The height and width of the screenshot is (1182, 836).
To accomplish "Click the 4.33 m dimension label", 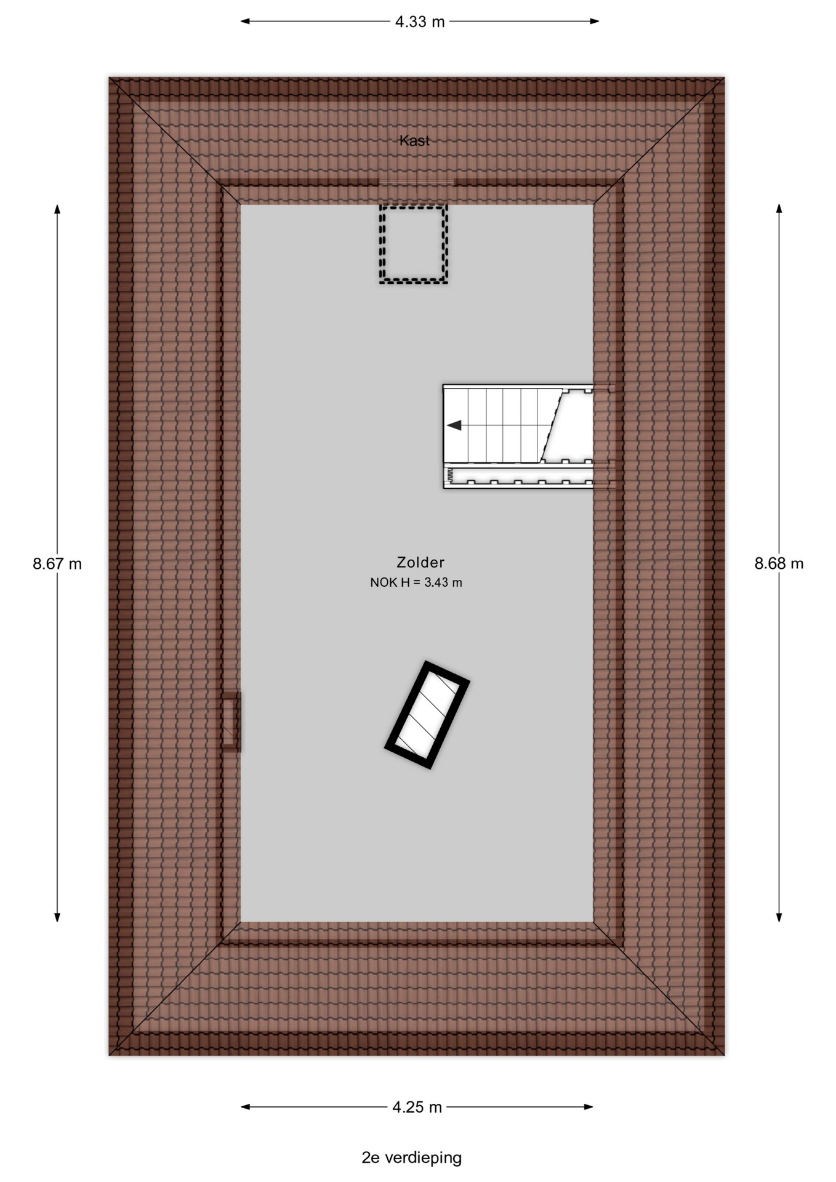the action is tap(419, 22).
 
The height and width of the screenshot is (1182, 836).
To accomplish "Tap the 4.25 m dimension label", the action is tap(417, 1107).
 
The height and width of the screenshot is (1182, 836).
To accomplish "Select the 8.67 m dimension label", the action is tap(57, 563).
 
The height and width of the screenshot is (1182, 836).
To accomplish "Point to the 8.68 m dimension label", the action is tap(779, 563).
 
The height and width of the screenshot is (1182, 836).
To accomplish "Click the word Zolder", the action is tap(420, 562).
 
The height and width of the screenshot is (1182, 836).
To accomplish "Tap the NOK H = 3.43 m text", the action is tap(416, 582).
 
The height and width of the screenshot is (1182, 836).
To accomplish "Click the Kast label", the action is tap(414, 140).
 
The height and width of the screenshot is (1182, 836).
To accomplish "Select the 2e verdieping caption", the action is tap(411, 1157).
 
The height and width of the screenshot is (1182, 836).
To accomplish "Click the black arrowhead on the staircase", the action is tap(454, 425).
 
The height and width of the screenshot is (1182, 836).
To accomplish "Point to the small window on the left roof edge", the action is tap(231, 722).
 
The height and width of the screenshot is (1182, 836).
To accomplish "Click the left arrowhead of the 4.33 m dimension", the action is tap(245, 22).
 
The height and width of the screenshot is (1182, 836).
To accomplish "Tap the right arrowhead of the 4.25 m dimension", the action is tap(589, 1107).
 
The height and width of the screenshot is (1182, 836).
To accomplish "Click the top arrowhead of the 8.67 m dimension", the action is tap(57, 209).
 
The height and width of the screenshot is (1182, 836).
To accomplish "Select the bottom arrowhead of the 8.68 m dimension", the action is tap(779, 917).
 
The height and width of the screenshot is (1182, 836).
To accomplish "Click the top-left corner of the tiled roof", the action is tap(109, 77).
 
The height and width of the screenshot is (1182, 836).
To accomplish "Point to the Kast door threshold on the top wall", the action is tap(417, 182).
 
